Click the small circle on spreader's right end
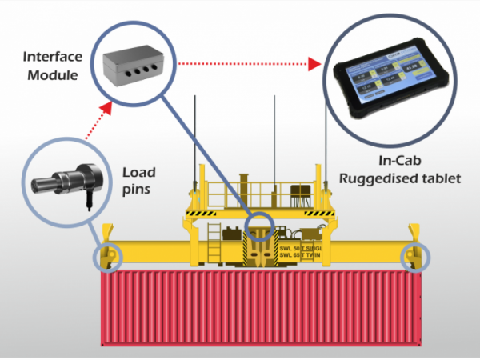pyautogui.click(x=415, y=256)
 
